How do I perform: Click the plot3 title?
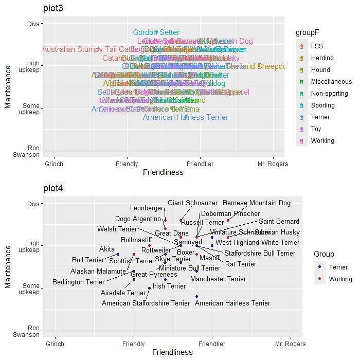click(x=52, y=8)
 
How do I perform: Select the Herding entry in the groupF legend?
click(x=322, y=58)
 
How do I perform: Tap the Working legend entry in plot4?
click(x=340, y=279)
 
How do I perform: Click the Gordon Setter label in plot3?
click(x=156, y=32)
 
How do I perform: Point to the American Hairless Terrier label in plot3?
click(x=185, y=117)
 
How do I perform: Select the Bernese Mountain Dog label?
click(x=256, y=203)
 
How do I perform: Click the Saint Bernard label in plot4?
click(x=279, y=222)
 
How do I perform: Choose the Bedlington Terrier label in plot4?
click(x=78, y=282)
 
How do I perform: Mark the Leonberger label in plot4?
click(x=146, y=208)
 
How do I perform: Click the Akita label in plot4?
click(x=107, y=249)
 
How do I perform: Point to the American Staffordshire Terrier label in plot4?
click(x=146, y=303)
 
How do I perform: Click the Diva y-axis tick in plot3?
click(x=33, y=23)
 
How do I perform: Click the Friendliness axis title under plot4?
click(x=172, y=352)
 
